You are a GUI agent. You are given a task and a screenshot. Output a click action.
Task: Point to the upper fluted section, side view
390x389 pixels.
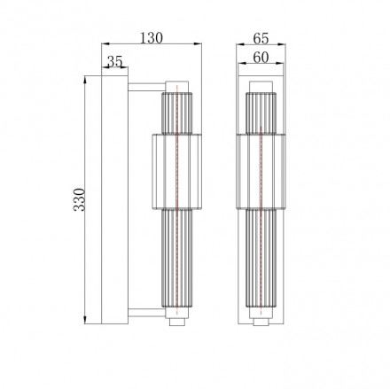click(x=175, y=111)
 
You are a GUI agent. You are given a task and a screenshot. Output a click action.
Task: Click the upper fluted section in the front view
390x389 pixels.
click(x=261, y=111)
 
